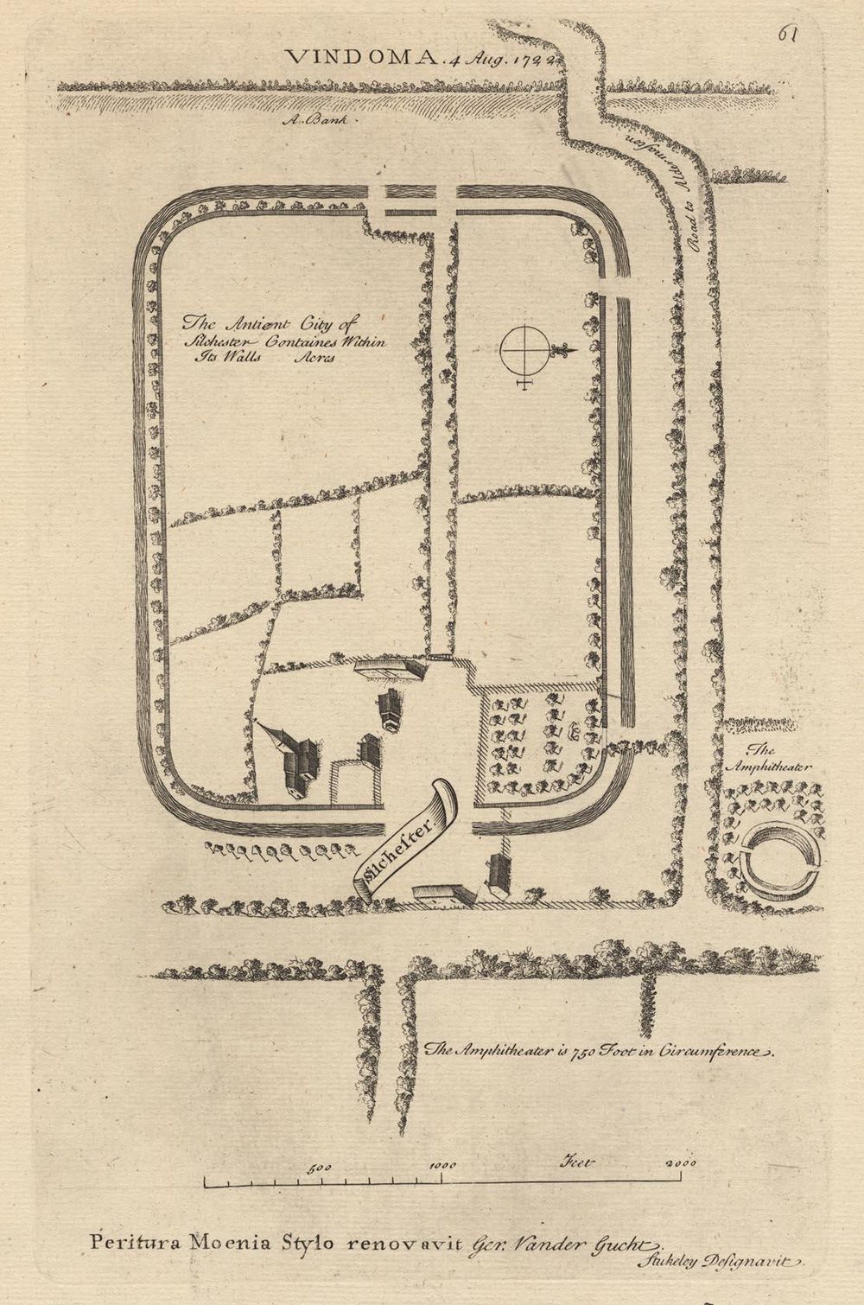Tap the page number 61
[x=786, y=34]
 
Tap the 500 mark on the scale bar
[x=321, y=1167]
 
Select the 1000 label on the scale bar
[x=442, y=1166]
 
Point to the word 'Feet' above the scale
[x=578, y=1162]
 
